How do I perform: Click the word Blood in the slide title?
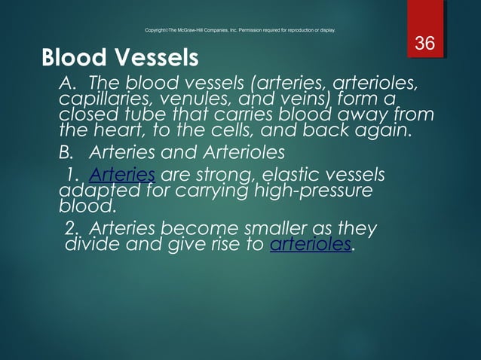72,57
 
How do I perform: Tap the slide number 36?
425,44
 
